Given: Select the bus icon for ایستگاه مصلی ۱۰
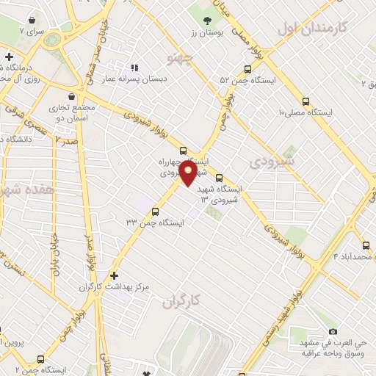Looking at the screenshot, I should click(x=305, y=102).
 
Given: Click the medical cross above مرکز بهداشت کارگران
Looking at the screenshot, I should click(x=113, y=275).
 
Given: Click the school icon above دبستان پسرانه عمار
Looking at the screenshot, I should click(x=134, y=68).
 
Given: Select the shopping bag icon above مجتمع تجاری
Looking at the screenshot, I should click(x=70, y=96).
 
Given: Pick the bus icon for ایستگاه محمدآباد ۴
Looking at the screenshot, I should click(x=365, y=245).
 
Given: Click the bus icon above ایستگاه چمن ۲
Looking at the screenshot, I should click(x=40, y=360).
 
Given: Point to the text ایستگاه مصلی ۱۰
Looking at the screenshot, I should click(x=305, y=112).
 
